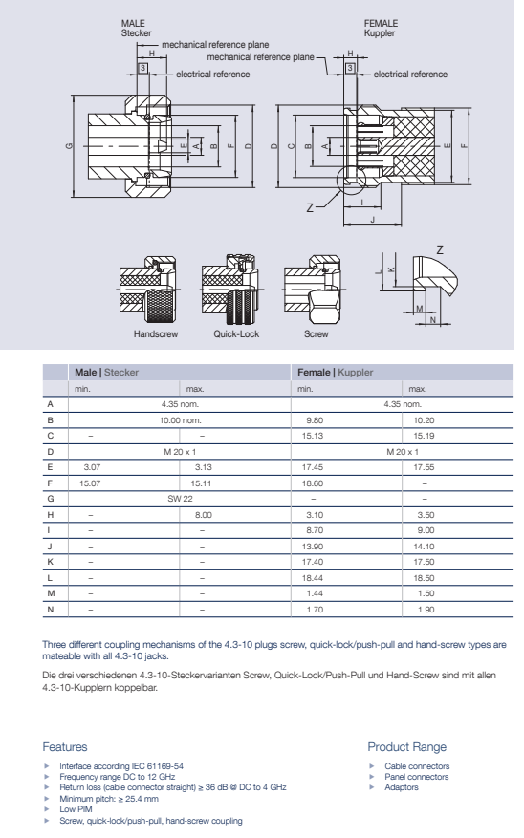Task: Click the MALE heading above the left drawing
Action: click(x=133, y=24)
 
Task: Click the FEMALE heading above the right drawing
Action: click(x=381, y=24)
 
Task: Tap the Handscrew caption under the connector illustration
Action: click(x=156, y=334)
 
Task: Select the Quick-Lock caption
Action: click(x=236, y=334)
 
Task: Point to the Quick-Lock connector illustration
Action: click(x=231, y=290)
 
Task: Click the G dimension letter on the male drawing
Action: click(x=69, y=146)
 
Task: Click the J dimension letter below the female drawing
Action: click(x=373, y=220)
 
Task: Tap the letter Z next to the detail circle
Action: click(x=310, y=208)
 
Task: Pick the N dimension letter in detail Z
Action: click(x=433, y=320)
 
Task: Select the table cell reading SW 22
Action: click(x=180, y=499)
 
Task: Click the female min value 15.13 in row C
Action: click(x=313, y=436)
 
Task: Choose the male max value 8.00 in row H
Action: click(x=203, y=515)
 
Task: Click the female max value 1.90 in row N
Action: click(x=426, y=610)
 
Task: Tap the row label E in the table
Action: click(x=51, y=467)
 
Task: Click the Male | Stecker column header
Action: click(x=106, y=372)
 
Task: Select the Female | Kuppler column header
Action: click(x=336, y=372)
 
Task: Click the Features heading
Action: click(x=65, y=747)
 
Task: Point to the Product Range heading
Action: click(x=407, y=747)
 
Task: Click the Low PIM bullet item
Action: click(x=76, y=809)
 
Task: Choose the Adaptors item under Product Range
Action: click(x=402, y=787)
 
